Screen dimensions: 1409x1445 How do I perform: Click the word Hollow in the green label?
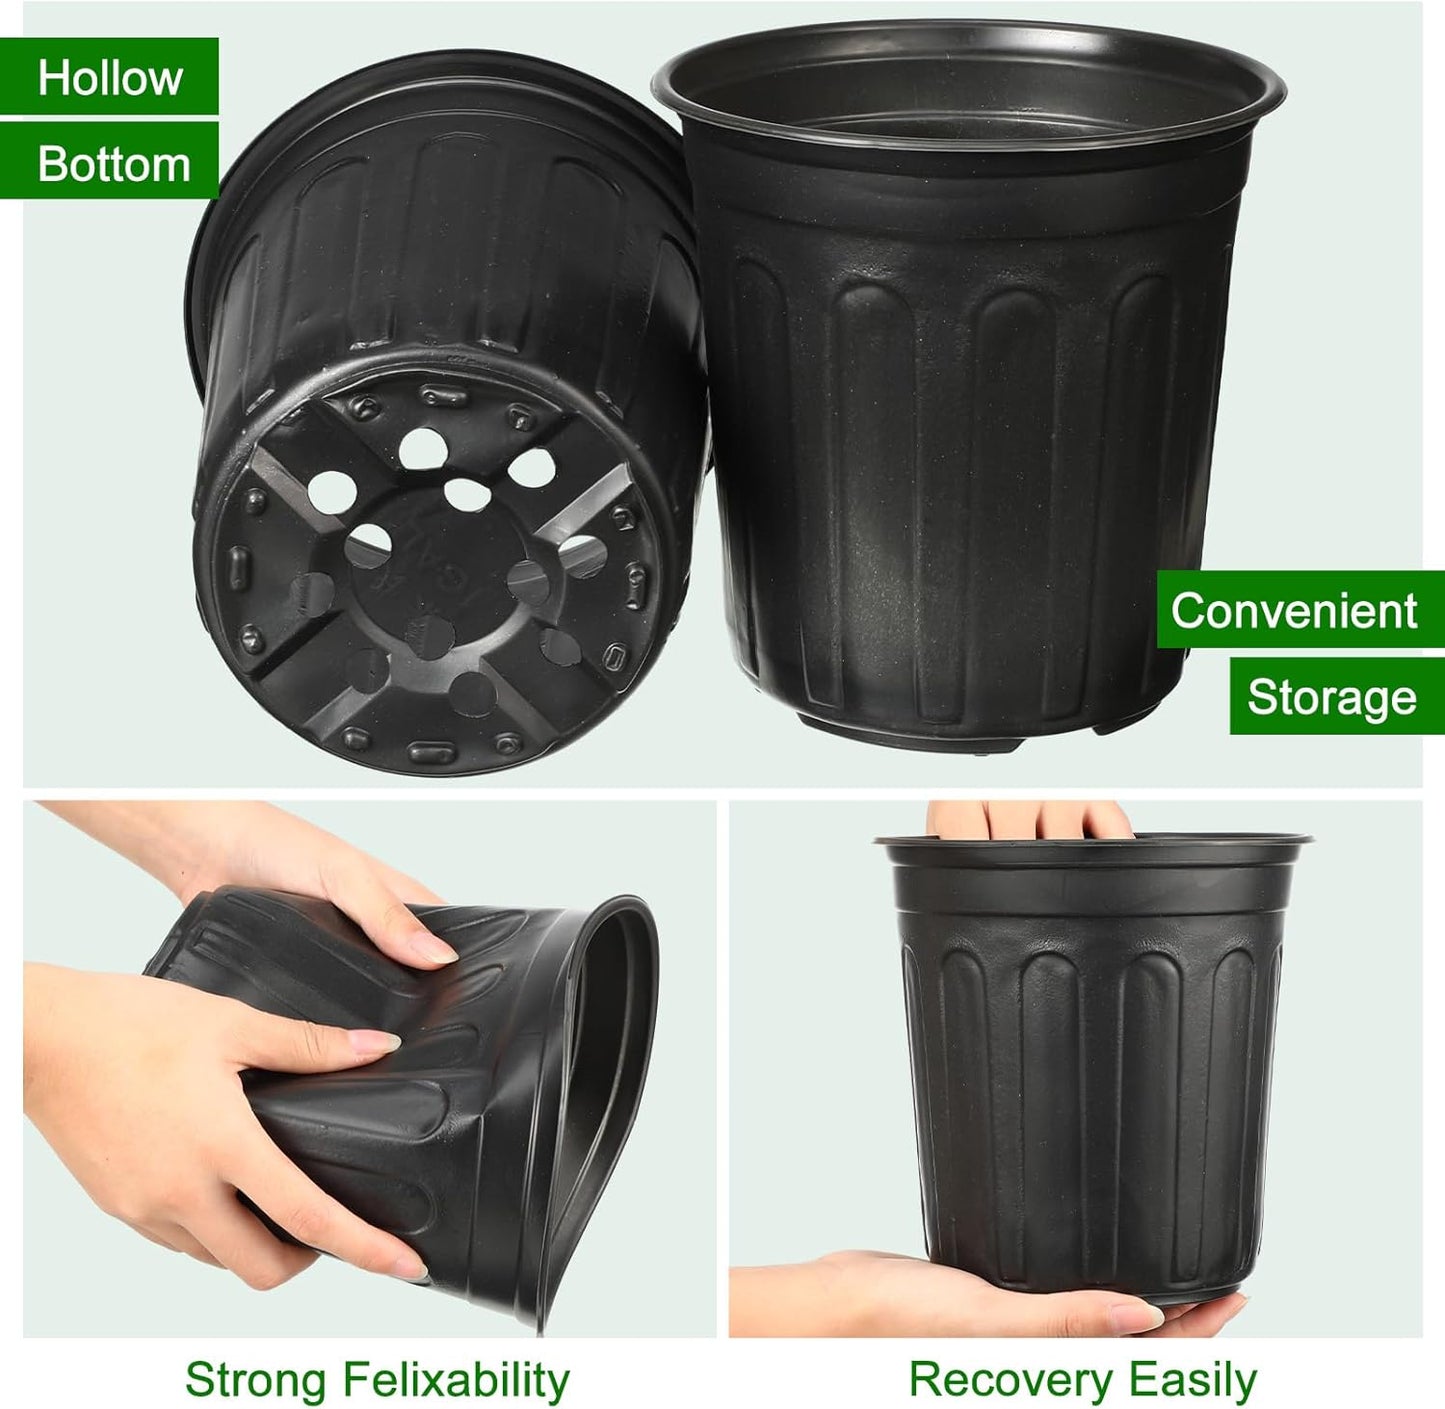(109, 77)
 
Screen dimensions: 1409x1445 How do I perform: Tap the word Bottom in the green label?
(113, 164)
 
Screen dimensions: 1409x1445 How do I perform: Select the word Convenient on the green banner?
(1294, 610)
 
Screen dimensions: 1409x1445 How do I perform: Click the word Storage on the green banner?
(1331, 697)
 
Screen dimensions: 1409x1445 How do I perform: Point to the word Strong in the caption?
(256, 1380)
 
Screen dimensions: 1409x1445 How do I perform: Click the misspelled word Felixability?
(455, 1380)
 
